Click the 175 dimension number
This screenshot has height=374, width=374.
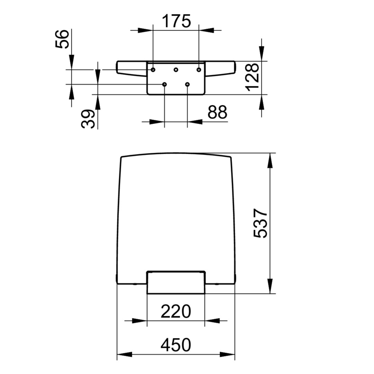[x=177, y=21]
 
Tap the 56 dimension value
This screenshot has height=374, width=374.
[x=62, y=39]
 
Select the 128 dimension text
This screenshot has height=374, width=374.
[x=252, y=77]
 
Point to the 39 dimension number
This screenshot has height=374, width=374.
[x=88, y=119]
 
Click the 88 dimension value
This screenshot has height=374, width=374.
[x=217, y=112]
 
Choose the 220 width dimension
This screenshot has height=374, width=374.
[x=176, y=311]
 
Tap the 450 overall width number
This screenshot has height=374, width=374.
[x=176, y=345]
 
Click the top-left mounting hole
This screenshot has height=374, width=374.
[x=153, y=70]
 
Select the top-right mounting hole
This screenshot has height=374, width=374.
[x=199, y=70]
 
